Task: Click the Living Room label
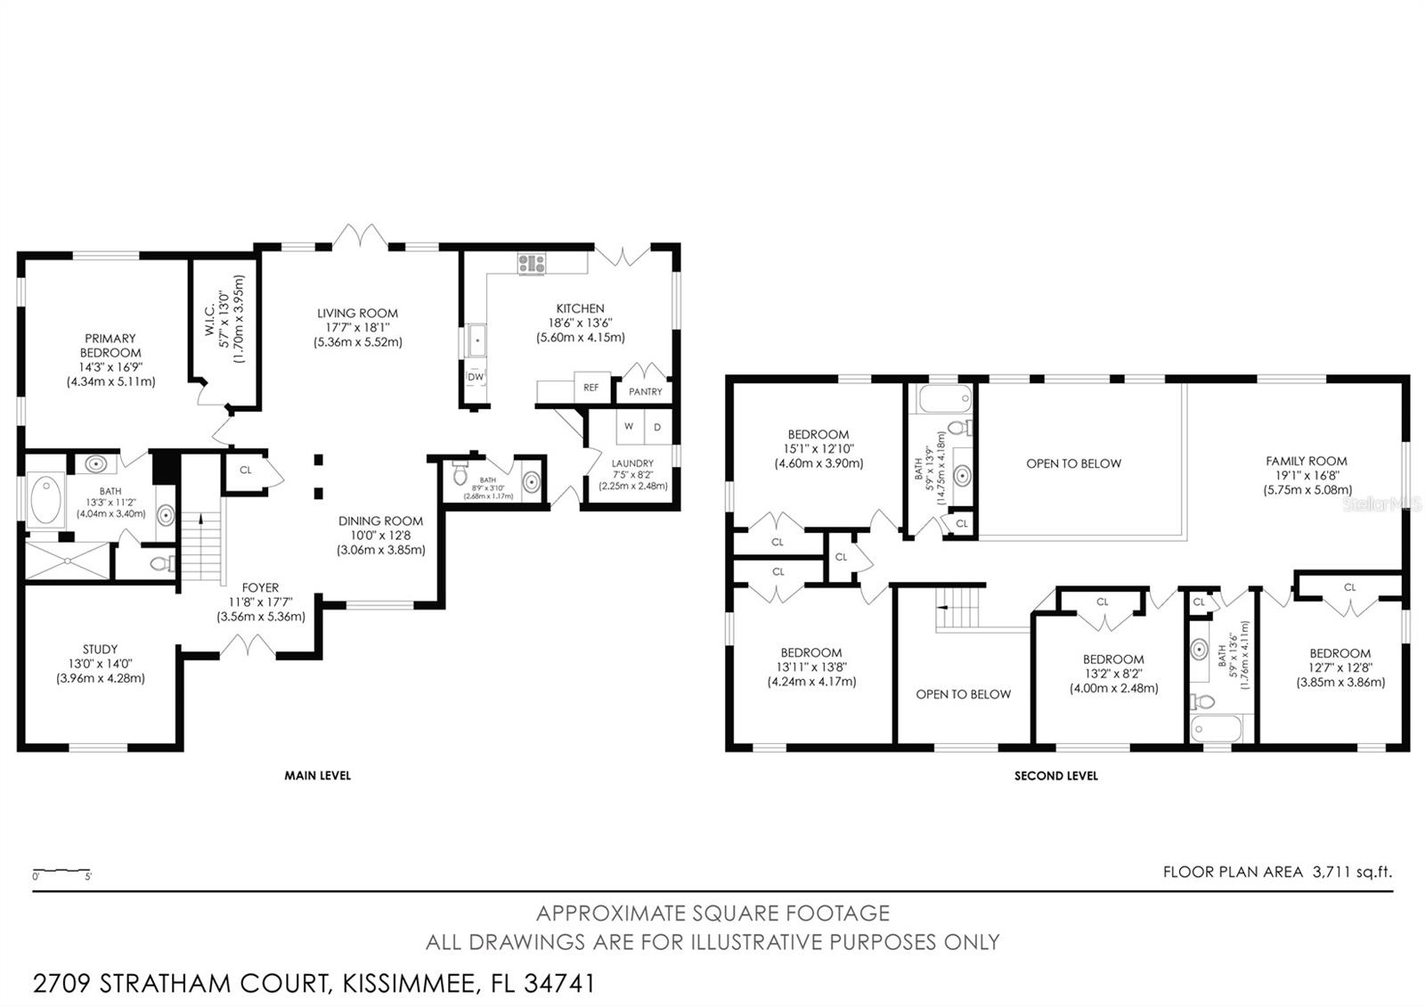[x=357, y=327]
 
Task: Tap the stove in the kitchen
[x=531, y=264]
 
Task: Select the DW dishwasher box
[x=476, y=377]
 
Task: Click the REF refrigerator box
[x=591, y=387]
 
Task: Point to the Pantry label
[x=645, y=391]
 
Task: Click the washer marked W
[x=630, y=427]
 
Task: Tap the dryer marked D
[x=658, y=427]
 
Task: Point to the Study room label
[x=101, y=663]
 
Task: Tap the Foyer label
[x=260, y=602]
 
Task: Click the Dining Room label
[x=380, y=535]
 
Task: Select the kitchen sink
[x=476, y=340]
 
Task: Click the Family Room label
[x=1307, y=475]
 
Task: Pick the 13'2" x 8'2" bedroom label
[x=1113, y=674]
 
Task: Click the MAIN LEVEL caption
[x=317, y=775]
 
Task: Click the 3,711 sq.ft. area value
[x=1352, y=872]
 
